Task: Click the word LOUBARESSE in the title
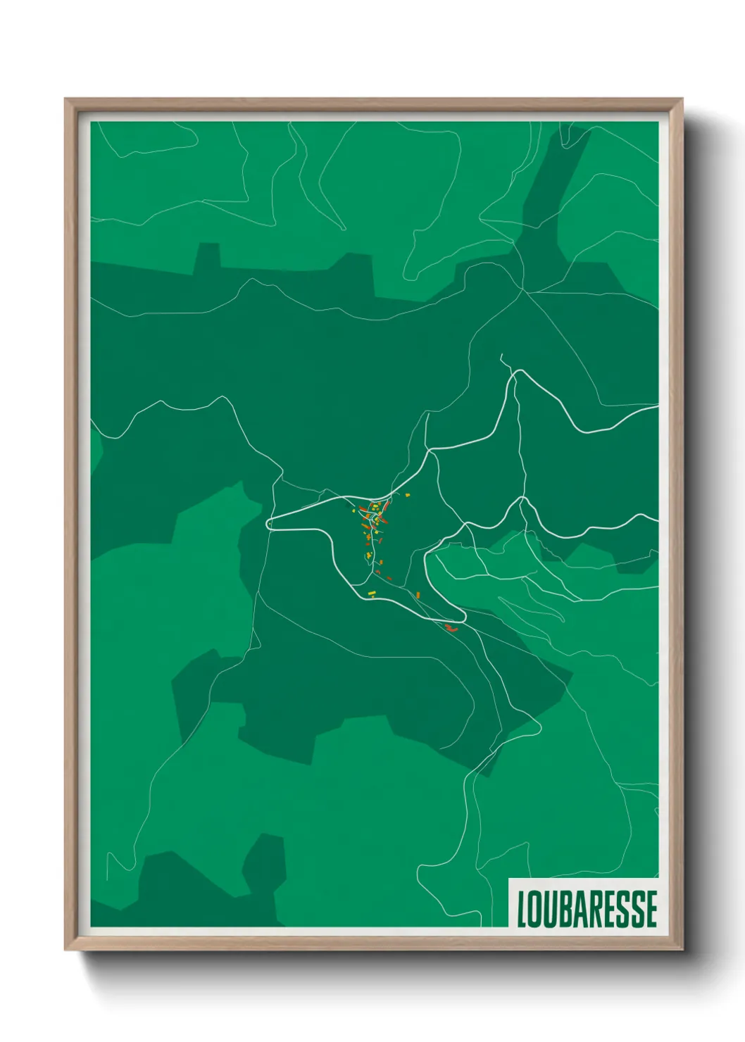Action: point(587,908)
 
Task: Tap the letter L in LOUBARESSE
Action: point(523,908)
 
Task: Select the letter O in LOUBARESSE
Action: point(537,908)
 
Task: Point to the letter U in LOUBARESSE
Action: point(551,908)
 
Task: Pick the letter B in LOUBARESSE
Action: point(566,908)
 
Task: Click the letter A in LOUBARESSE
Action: point(581,908)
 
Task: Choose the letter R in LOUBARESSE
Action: point(596,908)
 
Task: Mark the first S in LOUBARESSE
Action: point(623,908)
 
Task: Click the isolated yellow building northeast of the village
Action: point(407,495)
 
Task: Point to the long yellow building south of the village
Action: point(372,595)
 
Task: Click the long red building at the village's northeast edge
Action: point(386,507)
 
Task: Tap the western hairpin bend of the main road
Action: point(268,524)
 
